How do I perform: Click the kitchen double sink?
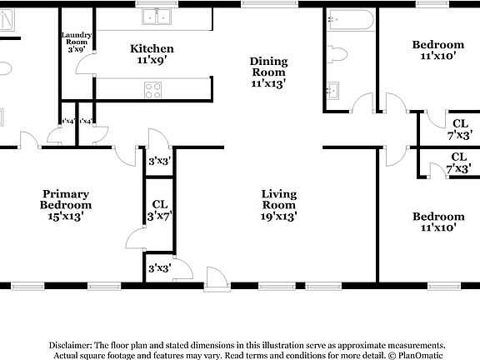coord(155,16)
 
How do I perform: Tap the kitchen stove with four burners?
coord(153,88)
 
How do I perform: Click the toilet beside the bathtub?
coord(337,54)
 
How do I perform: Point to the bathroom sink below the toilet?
coord(333,88)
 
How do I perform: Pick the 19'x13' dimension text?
coord(279,216)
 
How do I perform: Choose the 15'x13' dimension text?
coord(66,216)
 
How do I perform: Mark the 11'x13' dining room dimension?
coord(268,83)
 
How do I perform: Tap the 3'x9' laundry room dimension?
coord(77,50)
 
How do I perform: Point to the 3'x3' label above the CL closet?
coord(159,161)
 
